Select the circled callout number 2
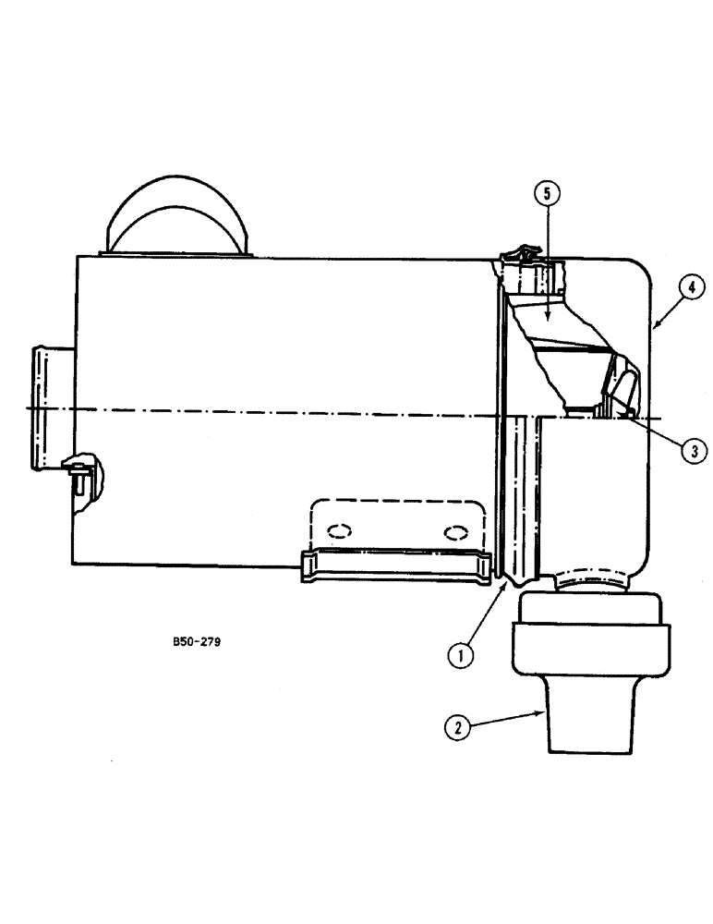454,727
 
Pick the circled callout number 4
692,288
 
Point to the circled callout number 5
547,193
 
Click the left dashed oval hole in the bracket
339,531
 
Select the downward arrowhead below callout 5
547,318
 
